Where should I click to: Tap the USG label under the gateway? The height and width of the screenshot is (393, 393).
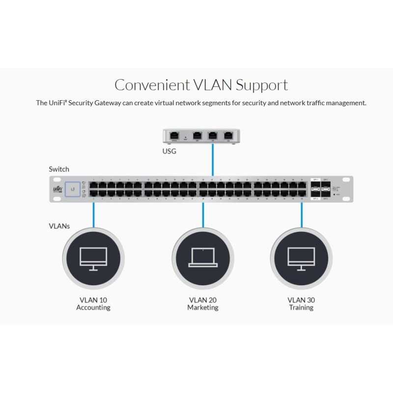point(169,151)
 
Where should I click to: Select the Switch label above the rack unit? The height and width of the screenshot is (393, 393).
point(59,169)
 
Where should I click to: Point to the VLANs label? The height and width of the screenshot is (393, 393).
point(59,226)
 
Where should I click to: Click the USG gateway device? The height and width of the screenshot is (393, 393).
point(201,135)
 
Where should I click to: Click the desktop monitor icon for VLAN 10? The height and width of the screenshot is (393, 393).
point(93,258)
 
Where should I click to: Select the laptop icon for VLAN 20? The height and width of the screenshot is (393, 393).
point(202,258)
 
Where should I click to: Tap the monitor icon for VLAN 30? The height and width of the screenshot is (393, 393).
point(301,258)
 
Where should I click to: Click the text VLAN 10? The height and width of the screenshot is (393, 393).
point(93,300)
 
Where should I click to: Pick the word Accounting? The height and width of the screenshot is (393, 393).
point(93,308)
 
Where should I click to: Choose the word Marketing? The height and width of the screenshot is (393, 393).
point(202,308)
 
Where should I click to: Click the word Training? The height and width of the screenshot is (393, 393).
point(301,308)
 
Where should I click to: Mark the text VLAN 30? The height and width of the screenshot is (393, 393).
point(301,300)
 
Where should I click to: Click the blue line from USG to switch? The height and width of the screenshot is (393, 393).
point(212,160)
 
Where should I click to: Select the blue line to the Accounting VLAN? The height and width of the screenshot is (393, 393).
point(93,214)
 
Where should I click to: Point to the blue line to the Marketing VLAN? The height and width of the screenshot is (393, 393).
point(203,214)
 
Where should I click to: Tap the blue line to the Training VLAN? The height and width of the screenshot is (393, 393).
point(302,214)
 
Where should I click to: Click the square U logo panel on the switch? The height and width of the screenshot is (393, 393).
point(74,189)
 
